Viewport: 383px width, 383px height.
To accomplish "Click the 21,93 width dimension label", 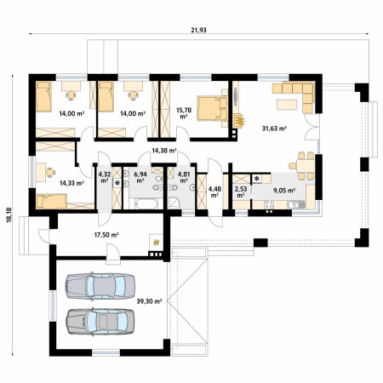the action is pyautogui.click(x=198, y=30).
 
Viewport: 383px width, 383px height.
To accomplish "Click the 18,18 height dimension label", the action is pyautogui.click(x=9, y=214).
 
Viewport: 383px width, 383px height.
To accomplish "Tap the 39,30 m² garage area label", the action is pyautogui.click(x=149, y=301).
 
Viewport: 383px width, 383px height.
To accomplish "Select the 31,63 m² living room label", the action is pyautogui.click(x=274, y=129).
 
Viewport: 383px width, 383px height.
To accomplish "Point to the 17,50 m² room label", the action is pyautogui.click(x=106, y=235).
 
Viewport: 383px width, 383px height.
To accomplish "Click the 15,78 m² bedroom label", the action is pyautogui.click(x=184, y=113).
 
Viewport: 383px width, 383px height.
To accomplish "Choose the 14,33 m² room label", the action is pyautogui.click(x=71, y=183).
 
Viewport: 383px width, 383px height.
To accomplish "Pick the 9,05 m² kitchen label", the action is pyautogui.click(x=284, y=191).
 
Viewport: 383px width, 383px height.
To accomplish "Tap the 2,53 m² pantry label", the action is pyautogui.click(x=241, y=191).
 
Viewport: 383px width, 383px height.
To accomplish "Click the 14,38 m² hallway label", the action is pyautogui.click(x=164, y=151).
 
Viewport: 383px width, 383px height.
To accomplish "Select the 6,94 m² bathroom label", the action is pyautogui.click(x=140, y=177).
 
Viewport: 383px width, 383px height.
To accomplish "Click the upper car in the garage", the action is pyautogui.click(x=100, y=286).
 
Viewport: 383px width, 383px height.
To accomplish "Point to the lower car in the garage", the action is pyautogui.click(x=100, y=321).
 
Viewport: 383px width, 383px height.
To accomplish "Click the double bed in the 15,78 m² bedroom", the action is pyautogui.click(x=213, y=108).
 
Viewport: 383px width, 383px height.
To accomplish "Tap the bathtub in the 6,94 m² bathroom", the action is pyautogui.click(x=146, y=203).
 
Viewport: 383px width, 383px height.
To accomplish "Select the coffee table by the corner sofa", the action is pyautogui.click(x=287, y=105).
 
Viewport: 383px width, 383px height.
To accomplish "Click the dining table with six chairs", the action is pyautogui.click(x=306, y=166).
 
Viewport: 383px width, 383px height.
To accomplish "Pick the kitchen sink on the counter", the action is pyautogui.click(x=297, y=204).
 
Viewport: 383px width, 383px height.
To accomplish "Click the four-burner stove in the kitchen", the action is pyautogui.click(x=269, y=204).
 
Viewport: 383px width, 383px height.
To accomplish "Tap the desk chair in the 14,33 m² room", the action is pyautogui.click(x=50, y=172).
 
